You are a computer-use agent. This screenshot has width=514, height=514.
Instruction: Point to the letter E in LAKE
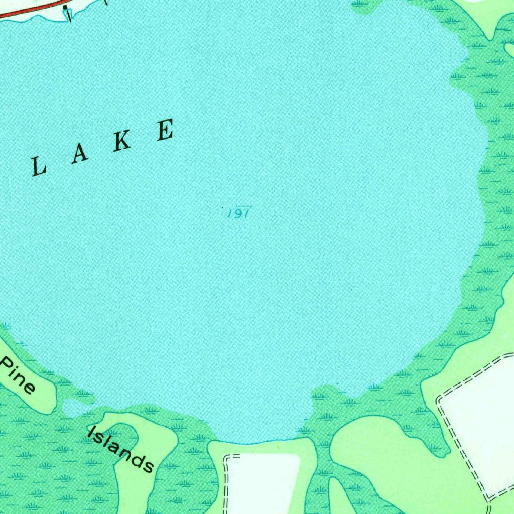click(x=165, y=130)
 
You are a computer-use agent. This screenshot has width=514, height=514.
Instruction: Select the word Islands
click(x=120, y=448)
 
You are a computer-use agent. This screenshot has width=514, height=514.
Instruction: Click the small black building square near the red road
click(x=65, y=7)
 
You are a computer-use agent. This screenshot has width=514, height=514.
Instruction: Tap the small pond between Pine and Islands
click(x=73, y=408)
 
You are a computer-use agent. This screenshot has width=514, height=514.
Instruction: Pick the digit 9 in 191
click(x=238, y=214)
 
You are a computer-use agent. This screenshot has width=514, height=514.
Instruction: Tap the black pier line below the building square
click(x=69, y=16)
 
